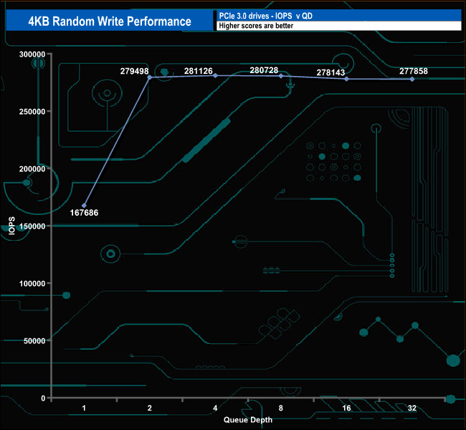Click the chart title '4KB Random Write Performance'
110,21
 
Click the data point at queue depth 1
85,206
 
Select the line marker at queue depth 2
150,77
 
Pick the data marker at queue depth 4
216,75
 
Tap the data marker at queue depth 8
281,76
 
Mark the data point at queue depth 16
347,79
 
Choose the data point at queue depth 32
412,79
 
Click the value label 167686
85,213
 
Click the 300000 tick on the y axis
32,54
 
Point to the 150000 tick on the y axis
32,226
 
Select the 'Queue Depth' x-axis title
248,420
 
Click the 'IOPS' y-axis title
12,226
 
